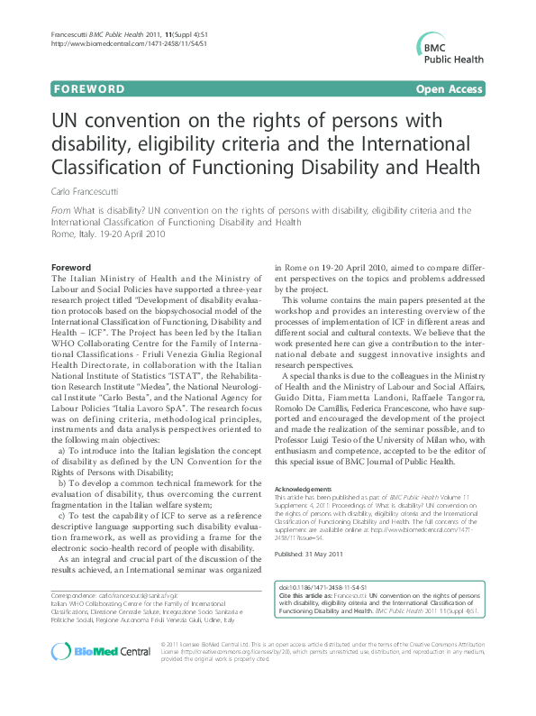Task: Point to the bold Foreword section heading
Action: point(71,268)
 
